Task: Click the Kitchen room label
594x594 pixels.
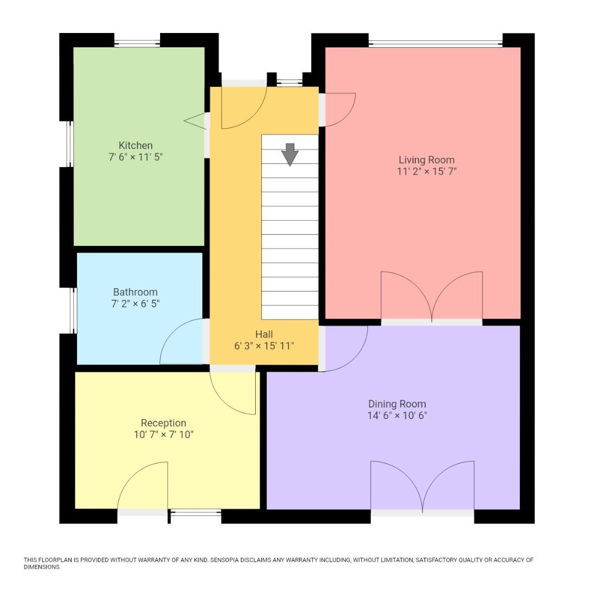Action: [x=135, y=146]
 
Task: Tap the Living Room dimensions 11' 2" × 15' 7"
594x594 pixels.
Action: [x=427, y=171]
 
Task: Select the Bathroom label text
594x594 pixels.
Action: [x=135, y=292]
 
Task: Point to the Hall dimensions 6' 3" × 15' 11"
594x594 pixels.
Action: [x=264, y=346]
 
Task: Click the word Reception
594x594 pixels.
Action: [x=163, y=423]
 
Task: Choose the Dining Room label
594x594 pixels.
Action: [x=397, y=404]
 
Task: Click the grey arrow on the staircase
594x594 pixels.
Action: [x=290, y=154]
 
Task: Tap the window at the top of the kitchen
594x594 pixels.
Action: [x=137, y=43]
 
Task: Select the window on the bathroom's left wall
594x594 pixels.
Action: [x=73, y=310]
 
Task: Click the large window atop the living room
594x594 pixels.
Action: [x=435, y=43]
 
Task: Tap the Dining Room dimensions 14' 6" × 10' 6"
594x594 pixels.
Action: [x=397, y=416]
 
